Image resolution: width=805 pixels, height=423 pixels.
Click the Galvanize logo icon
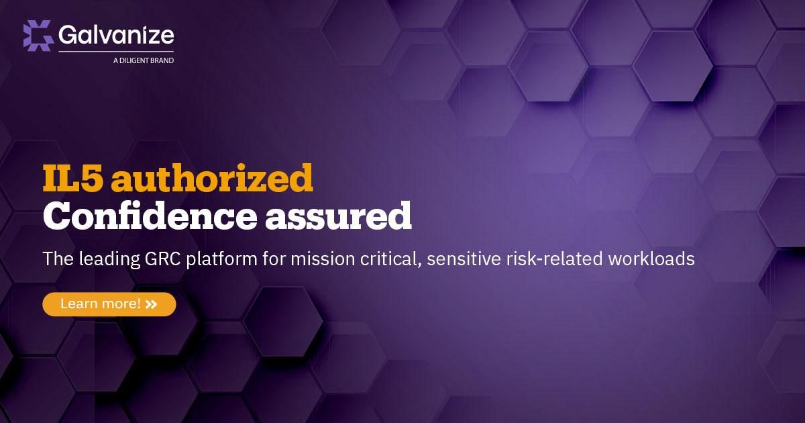point(38,36)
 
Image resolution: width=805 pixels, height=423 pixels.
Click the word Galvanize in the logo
point(116,35)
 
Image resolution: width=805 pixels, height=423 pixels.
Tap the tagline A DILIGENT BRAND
point(144,60)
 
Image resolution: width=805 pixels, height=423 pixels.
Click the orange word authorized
point(212,177)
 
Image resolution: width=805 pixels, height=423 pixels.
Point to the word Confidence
point(150,216)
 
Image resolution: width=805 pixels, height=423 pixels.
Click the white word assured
point(338,216)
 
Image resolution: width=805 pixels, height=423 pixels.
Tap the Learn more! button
point(109,304)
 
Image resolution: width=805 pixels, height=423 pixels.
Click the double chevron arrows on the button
point(152,305)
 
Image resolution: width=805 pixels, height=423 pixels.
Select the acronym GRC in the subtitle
point(163,258)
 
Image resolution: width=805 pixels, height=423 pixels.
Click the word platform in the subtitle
point(221,260)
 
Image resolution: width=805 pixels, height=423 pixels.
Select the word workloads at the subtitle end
point(651,258)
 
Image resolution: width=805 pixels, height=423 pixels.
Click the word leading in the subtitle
point(109,260)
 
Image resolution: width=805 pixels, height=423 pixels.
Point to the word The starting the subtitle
point(58,258)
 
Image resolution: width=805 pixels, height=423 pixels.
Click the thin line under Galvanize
point(116,52)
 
